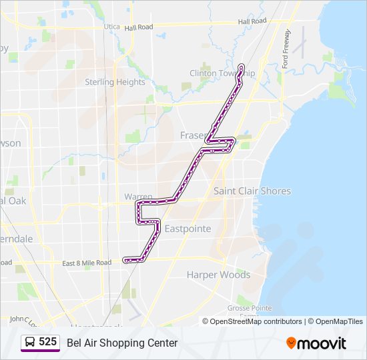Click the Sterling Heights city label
(115, 82)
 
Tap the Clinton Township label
(222, 73)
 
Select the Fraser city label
(193, 135)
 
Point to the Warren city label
(138, 197)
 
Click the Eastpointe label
(188, 229)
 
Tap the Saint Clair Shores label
(252, 191)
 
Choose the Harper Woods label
(218, 274)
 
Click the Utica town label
(112, 27)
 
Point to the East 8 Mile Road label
(87, 263)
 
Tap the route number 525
(47, 342)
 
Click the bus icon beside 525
(31, 343)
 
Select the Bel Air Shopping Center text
(122, 343)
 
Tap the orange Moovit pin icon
(291, 343)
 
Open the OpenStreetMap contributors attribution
(256, 321)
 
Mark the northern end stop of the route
(240, 66)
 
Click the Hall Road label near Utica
(138, 27)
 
